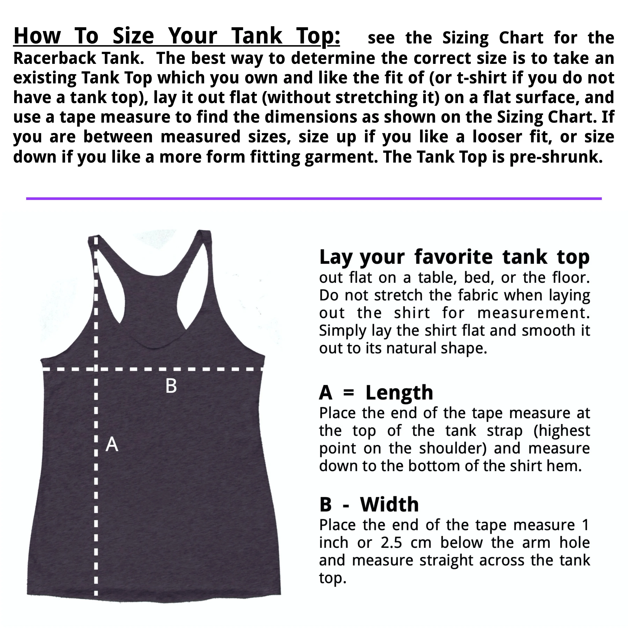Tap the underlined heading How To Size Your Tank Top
(x=177, y=36)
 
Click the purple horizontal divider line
(x=314, y=198)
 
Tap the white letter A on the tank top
(x=112, y=444)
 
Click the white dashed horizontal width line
(x=153, y=369)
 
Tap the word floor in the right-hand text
(x=571, y=278)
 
